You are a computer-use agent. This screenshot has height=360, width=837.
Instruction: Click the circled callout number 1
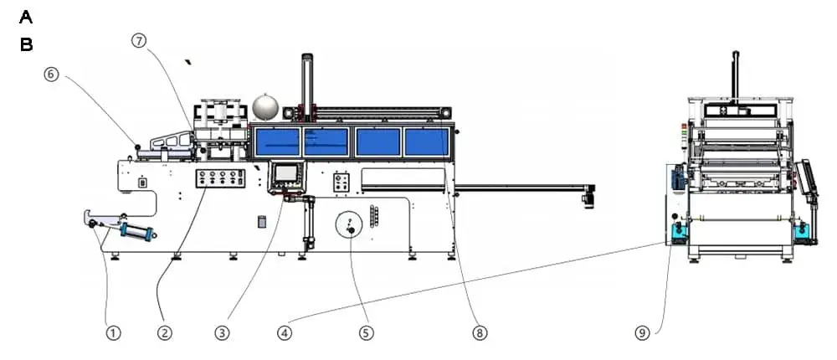113,332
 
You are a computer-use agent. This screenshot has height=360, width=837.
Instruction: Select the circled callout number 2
165,332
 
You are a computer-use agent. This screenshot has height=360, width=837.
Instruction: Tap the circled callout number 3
222,332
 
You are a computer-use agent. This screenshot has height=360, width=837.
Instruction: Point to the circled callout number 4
285,332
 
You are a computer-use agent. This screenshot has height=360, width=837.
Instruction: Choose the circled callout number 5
366,332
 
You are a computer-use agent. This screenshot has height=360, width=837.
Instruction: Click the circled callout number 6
51,75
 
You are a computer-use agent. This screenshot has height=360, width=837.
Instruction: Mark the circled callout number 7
139,40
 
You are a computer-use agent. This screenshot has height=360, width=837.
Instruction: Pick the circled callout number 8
480,332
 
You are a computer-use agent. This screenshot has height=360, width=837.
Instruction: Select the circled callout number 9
642,332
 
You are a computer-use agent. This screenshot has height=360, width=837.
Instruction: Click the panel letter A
26,18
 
